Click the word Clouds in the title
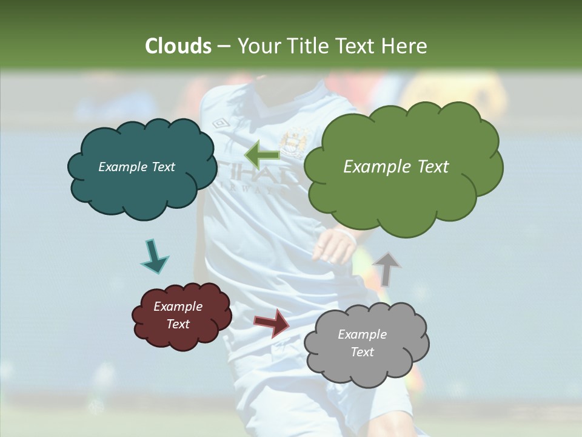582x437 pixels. pyautogui.click(x=178, y=46)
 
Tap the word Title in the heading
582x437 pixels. pyautogui.click(x=311, y=46)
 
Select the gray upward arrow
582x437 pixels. pyautogui.click(x=386, y=268)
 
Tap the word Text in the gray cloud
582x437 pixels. pyautogui.click(x=362, y=352)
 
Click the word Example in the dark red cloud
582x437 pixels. pyautogui.click(x=178, y=307)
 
